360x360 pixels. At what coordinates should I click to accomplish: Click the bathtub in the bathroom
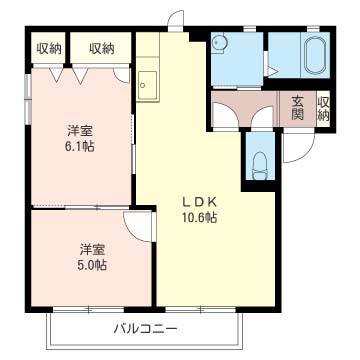pos(312,56)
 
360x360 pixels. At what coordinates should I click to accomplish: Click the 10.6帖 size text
pos(198,218)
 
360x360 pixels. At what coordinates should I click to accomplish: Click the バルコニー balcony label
pos(145,328)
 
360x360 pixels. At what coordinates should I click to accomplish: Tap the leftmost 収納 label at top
pos(49,47)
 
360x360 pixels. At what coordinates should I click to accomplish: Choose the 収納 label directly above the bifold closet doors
pos(100,47)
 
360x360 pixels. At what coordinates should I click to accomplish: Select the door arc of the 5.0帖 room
pos(138,225)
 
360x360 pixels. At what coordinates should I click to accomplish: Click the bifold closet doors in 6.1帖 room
pos(74,75)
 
